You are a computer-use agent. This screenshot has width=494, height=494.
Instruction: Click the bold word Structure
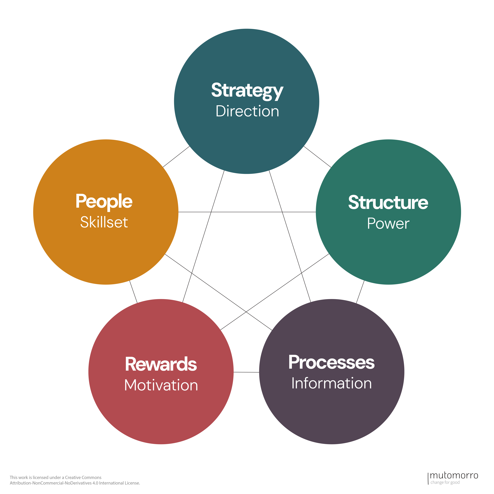[x=388, y=203]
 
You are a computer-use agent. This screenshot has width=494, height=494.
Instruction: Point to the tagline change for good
[x=445, y=482]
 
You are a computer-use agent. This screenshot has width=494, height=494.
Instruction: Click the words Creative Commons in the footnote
[x=83, y=477]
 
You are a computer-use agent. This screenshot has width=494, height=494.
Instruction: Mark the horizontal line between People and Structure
[x=247, y=212]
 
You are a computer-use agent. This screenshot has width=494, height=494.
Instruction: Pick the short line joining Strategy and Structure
[x=317, y=157]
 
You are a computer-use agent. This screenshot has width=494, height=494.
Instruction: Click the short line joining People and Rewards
[x=133, y=292]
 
